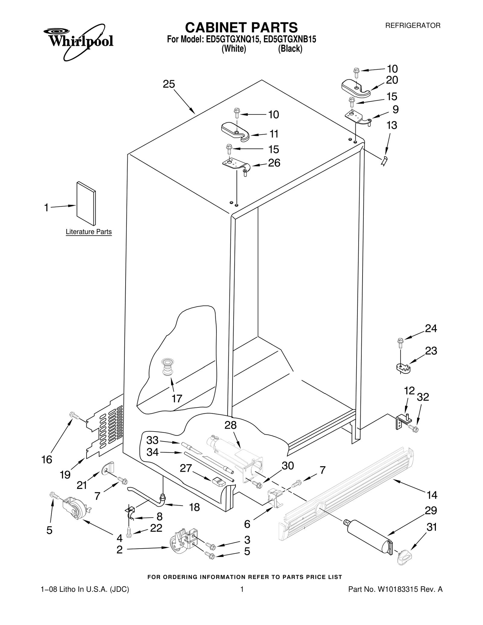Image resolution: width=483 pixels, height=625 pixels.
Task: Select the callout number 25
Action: [169, 84]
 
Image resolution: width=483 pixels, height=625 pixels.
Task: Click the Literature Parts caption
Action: [89, 232]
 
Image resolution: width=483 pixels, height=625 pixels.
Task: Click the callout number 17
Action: [177, 398]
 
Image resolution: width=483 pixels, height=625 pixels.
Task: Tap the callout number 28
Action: [231, 425]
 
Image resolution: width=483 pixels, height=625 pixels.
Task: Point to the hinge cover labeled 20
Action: [355, 88]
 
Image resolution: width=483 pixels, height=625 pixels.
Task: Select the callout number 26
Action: [274, 163]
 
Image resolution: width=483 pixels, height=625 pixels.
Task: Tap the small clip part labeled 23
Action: [403, 368]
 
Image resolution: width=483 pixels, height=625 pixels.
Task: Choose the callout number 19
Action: [65, 474]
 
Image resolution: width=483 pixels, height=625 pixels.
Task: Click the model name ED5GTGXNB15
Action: [290, 40]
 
